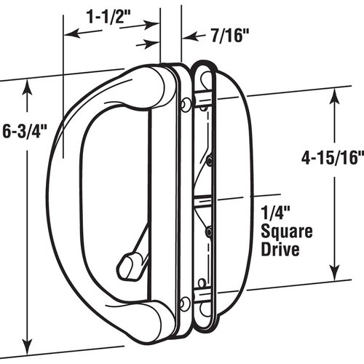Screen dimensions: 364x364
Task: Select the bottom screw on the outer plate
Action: click(186, 303)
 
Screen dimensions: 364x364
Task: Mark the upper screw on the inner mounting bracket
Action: click(210, 159)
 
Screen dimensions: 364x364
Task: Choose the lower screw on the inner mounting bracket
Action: click(208, 232)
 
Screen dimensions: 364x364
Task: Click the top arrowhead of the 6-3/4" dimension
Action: click(28, 86)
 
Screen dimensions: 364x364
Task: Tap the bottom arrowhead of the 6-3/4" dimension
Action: click(28, 344)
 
